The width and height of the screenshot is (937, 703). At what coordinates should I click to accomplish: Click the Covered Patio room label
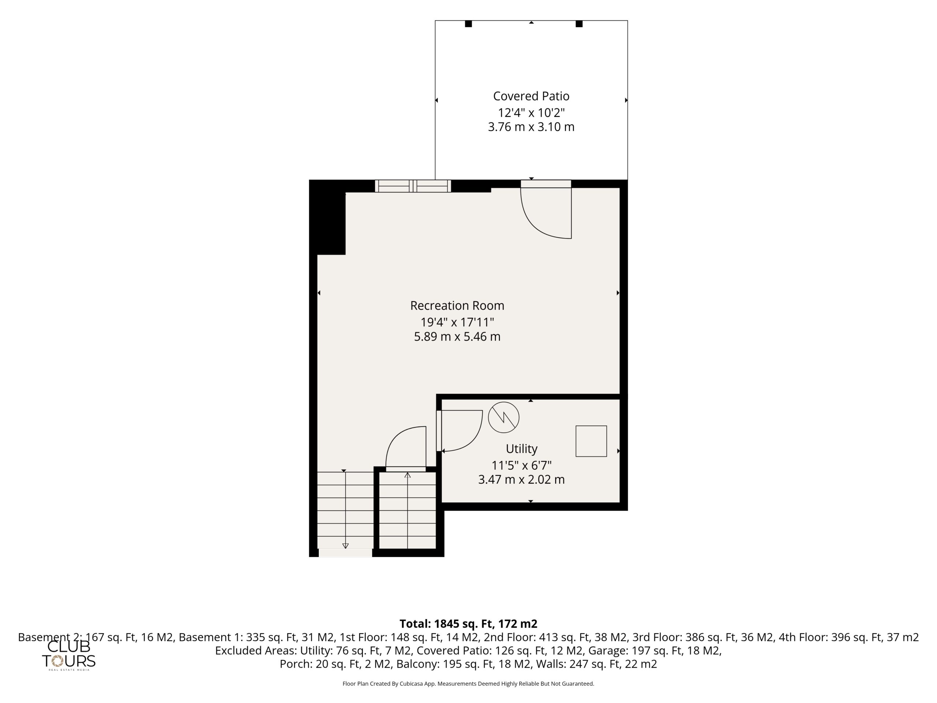(x=531, y=97)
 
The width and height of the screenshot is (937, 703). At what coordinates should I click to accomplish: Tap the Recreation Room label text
(x=457, y=305)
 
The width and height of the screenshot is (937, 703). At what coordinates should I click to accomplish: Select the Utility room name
(x=522, y=449)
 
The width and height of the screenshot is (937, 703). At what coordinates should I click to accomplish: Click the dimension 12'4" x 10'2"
(x=531, y=113)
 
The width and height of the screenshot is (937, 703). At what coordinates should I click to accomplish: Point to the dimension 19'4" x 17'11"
(x=457, y=322)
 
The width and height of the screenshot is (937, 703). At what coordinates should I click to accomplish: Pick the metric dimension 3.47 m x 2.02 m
(x=522, y=479)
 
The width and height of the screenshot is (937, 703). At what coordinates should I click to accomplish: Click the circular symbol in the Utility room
(x=504, y=417)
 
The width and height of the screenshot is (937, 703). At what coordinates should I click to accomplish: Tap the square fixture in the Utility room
(x=591, y=441)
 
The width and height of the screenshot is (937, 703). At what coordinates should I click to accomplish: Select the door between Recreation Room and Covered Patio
(x=546, y=209)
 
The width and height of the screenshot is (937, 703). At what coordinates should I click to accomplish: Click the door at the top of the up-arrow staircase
(x=406, y=449)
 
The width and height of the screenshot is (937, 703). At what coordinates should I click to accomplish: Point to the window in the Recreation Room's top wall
(x=413, y=186)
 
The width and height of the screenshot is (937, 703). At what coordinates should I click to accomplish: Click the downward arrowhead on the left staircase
(x=345, y=546)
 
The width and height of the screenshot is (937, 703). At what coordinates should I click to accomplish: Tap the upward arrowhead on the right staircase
(x=407, y=475)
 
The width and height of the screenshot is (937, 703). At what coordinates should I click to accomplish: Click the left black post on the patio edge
(x=468, y=24)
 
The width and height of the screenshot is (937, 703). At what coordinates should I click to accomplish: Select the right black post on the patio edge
(x=579, y=24)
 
